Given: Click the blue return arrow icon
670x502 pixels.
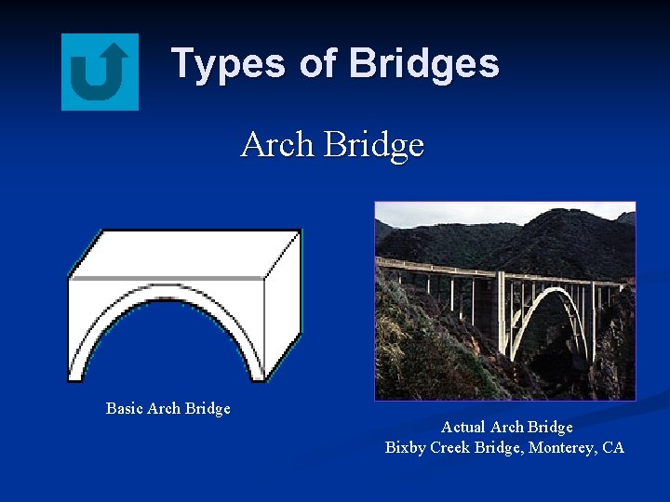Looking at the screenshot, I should (100, 72).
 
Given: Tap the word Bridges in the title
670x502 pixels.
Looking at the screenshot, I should (423, 64).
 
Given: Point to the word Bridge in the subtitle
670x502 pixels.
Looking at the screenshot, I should (374, 146).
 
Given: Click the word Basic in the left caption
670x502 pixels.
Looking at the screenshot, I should (124, 408).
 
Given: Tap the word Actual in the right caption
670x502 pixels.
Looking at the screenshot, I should (462, 427).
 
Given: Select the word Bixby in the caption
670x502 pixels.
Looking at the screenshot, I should (406, 447).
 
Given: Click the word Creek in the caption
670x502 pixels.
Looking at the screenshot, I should (451, 447).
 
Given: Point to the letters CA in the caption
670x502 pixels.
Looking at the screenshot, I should (613, 447).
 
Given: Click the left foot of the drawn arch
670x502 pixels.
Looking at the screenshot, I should (80, 374).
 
